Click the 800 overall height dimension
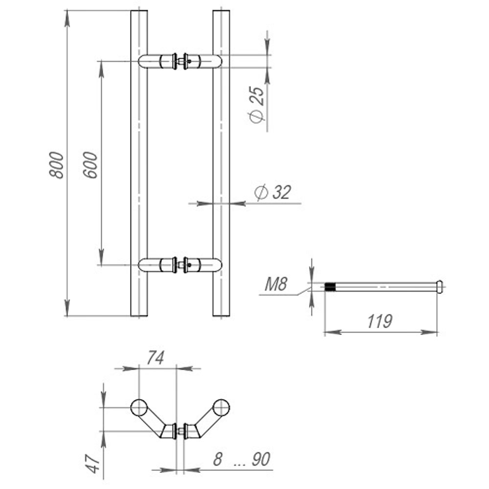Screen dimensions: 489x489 click(x=57, y=165)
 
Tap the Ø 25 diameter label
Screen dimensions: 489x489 click(x=257, y=104)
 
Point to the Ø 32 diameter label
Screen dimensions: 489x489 click(x=273, y=192)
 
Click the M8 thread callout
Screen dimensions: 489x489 click(x=275, y=284)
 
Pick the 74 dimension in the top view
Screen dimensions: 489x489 click(x=155, y=358)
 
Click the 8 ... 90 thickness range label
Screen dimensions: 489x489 click(x=242, y=459)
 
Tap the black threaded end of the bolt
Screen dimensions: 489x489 click(x=331, y=287)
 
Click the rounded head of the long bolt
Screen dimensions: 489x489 click(x=440, y=286)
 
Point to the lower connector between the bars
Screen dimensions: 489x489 click(x=181, y=265)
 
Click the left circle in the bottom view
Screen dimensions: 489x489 click(x=139, y=407)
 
